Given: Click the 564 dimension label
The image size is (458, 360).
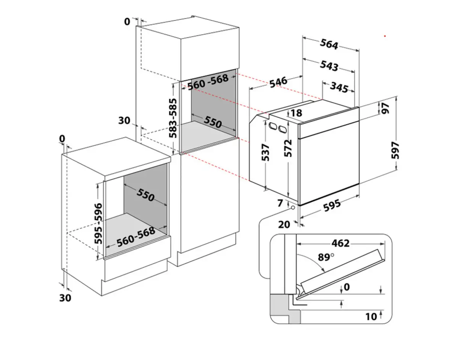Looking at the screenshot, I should coord(329,45).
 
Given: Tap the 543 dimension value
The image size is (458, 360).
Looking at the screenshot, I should coord(329,66).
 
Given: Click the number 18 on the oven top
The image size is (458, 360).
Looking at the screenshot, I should coord(296,113).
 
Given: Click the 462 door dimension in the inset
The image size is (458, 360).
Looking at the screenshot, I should coord(340,243).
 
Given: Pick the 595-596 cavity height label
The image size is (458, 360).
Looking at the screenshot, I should coord(98,223).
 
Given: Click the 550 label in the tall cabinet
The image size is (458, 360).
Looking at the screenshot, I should coord(213,122).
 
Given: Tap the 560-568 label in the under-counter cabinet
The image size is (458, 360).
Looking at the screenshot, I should coord(136,236).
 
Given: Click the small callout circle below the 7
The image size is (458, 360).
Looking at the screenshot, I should coord(292,208).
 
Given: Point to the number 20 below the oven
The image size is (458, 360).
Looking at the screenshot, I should coord(284,224).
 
